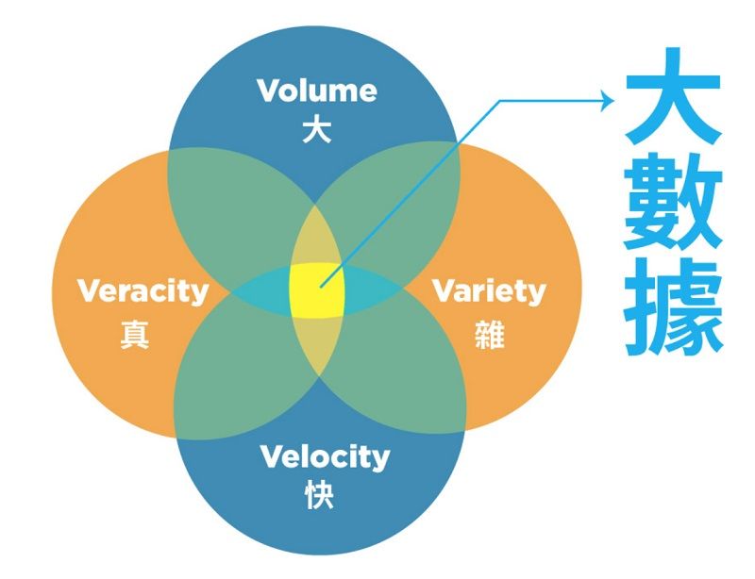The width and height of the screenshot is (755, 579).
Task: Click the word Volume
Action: coord(317,91)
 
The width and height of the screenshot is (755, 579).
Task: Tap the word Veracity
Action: coord(143,290)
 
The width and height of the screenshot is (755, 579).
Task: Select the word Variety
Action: coord(489,290)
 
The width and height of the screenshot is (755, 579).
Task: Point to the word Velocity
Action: coord(324,457)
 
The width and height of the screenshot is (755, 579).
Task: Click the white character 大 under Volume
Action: coord(317,130)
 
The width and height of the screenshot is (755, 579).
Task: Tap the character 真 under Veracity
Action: coord(135,335)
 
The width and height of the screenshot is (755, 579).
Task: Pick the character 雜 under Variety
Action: coord(489,335)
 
